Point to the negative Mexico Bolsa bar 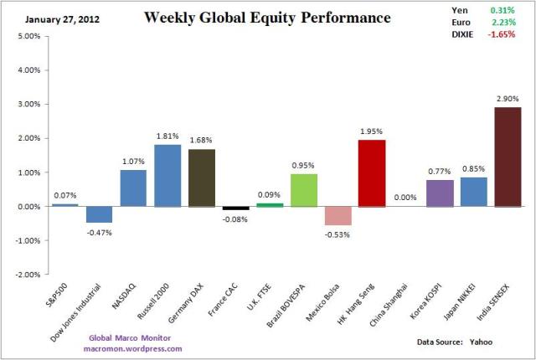tap(339, 215)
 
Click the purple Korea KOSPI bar tap(441, 193)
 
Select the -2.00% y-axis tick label tap(27, 274)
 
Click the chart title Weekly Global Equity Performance tap(267, 17)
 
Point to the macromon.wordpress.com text tap(133, 348)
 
